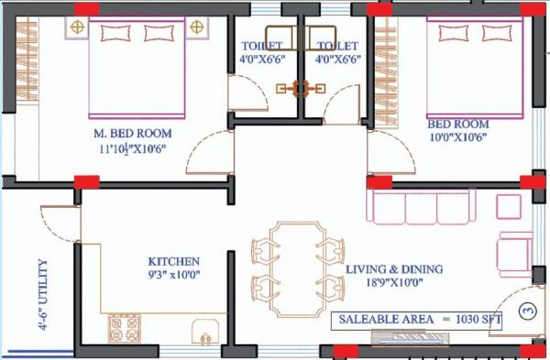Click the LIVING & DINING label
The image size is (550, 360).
(394, 269)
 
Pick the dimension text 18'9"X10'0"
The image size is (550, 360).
(394, 284)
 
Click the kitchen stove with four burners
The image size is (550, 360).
(122, 327)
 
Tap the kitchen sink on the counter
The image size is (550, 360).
(203, 331)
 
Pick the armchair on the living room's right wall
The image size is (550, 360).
(514, 249)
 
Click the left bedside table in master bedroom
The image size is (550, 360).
(77, 28)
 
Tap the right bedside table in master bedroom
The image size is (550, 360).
(195, 28)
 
